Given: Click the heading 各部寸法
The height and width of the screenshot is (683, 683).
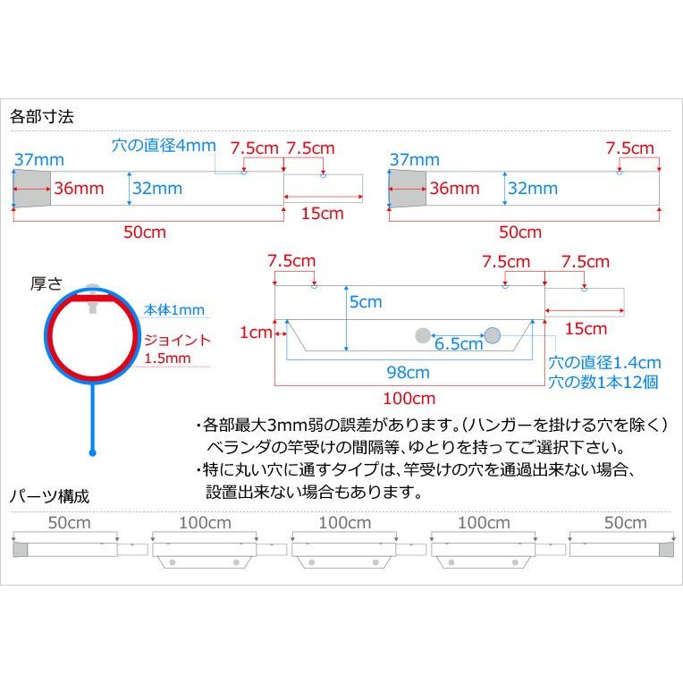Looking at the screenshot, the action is (41, 116).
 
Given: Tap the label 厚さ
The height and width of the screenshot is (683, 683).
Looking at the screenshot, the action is (46, 283).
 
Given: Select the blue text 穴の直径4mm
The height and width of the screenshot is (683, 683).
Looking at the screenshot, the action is (164, 146).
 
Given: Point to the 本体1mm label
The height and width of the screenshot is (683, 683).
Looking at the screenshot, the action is (174, 309).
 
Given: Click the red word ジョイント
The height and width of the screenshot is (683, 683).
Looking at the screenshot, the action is (179, 341).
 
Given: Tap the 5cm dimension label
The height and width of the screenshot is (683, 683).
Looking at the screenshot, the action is (366, 302).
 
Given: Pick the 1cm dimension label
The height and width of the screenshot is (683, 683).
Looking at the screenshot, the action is (255, 333).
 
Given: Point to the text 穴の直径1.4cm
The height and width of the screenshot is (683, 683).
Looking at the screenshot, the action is (604, 363).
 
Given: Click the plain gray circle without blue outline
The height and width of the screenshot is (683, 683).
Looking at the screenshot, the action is (422, 335).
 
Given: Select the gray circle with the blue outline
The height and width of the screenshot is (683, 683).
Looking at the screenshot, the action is (493, 334).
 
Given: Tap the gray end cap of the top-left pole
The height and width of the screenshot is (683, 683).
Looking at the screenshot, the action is (31, 189).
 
